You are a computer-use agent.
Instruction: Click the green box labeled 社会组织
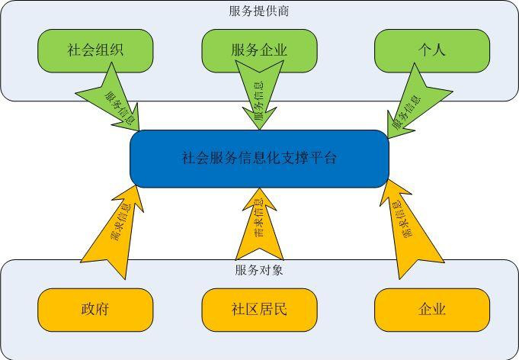tap(95, 50)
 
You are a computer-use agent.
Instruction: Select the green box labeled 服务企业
tap(259, 50)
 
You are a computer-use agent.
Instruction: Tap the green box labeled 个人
tap(432, 50)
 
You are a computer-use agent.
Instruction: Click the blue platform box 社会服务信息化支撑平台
tap(259, 159)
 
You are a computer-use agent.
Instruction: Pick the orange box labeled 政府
tap(95, 310)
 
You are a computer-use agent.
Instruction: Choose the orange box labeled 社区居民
tap(259, 310)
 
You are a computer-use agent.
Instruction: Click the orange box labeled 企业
tap(432, 310)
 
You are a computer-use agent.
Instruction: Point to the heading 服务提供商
tap(259, 11)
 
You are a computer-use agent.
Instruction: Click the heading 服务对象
tap(259, 270)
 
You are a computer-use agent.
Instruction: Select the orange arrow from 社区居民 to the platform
tap(259, 224)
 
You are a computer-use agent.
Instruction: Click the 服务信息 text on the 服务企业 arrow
tap(259, 101)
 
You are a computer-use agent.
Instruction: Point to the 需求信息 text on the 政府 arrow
tap(120, 221)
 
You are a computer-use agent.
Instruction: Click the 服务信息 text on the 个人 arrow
tap(407, 112)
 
